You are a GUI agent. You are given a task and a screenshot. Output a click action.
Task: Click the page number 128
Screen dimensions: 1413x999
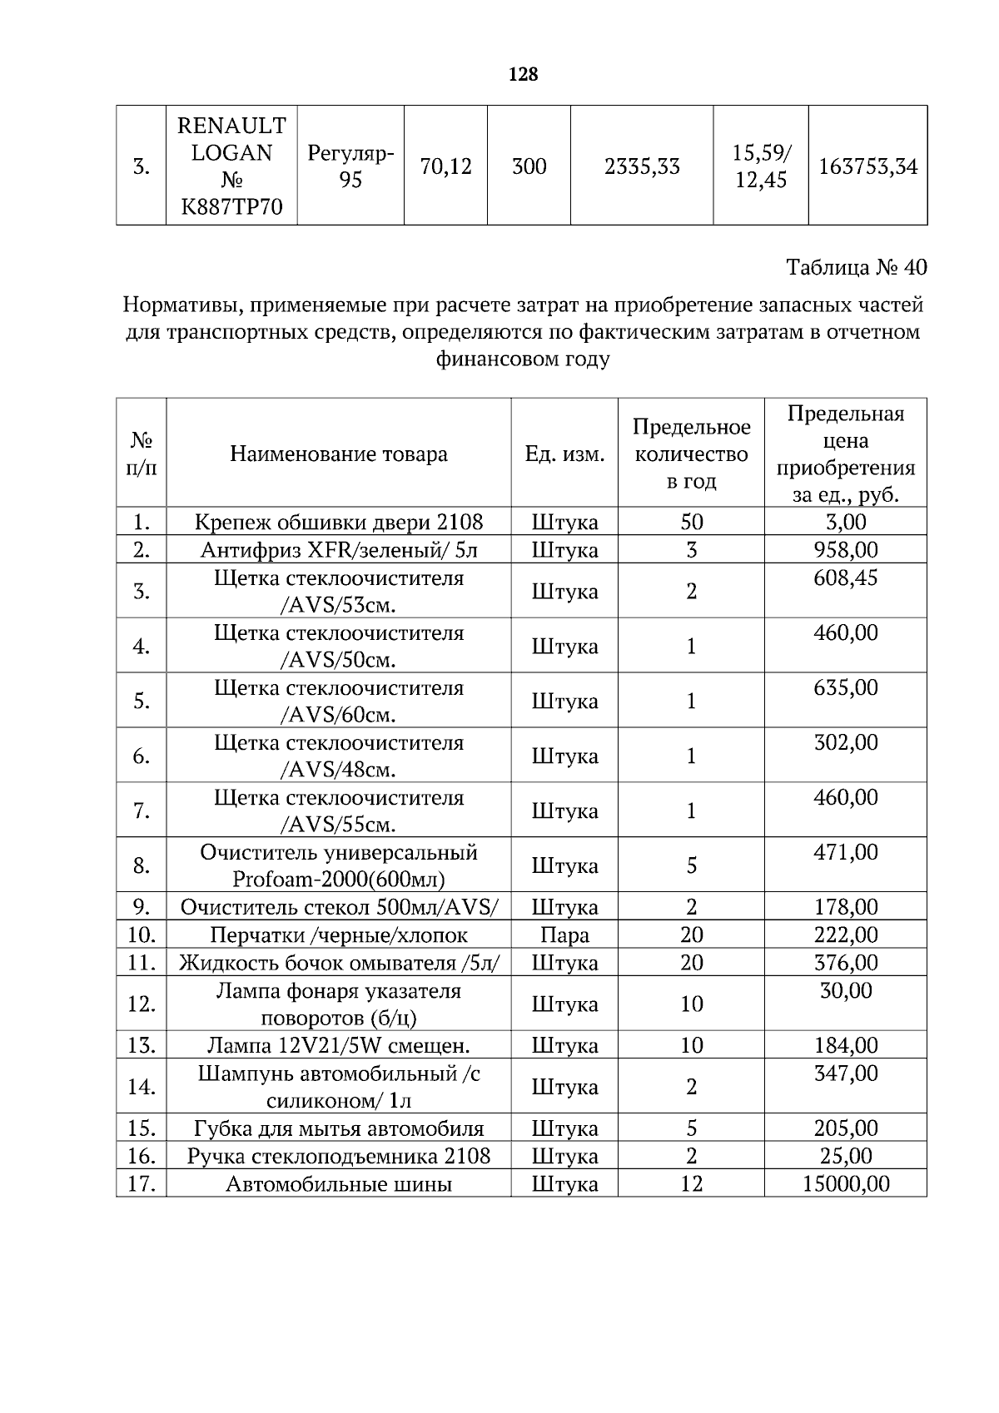[523, 74]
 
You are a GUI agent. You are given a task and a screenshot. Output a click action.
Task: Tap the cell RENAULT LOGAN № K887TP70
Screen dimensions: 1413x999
[231, 166]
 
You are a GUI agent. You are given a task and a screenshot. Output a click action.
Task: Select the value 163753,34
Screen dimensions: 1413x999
[867, 166]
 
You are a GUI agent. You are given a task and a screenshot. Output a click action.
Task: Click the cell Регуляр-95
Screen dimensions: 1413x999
[350, 166]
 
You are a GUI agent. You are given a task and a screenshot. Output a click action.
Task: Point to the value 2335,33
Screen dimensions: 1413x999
[641, 166]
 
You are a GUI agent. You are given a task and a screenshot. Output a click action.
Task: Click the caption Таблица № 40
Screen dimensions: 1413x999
[856, 267]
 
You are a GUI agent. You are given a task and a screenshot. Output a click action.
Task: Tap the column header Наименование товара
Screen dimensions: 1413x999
[338, 454]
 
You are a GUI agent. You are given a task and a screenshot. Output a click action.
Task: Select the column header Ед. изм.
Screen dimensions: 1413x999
[564, 454]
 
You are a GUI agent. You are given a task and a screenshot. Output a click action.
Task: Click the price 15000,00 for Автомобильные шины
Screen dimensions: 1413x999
[845, 1183]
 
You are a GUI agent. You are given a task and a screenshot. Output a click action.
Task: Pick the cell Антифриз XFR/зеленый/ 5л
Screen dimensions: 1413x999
[338, 549]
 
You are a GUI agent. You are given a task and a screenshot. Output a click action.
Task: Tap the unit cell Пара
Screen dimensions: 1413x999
[564, 935]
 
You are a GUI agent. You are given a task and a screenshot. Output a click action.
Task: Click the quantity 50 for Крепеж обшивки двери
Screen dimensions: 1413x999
[691, 522]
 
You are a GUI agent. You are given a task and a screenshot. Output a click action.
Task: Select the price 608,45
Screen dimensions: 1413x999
[845, 578]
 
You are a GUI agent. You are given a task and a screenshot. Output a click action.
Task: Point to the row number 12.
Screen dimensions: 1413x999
[142, 1004]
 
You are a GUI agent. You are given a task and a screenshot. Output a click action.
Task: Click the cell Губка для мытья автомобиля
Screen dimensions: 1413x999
[338, 1128]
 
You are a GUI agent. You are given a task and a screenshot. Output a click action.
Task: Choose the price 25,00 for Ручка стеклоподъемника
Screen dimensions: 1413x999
[845, 1156]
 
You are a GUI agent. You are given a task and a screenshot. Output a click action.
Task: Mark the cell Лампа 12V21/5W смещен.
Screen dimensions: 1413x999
[338, 1045]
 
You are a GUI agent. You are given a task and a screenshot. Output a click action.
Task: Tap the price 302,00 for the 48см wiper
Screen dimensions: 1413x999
[845, 742]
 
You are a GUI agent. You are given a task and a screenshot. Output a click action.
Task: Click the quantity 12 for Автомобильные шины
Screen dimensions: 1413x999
[691, 1183]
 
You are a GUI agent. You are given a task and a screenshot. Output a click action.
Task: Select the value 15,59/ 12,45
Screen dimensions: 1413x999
[761, 166]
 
